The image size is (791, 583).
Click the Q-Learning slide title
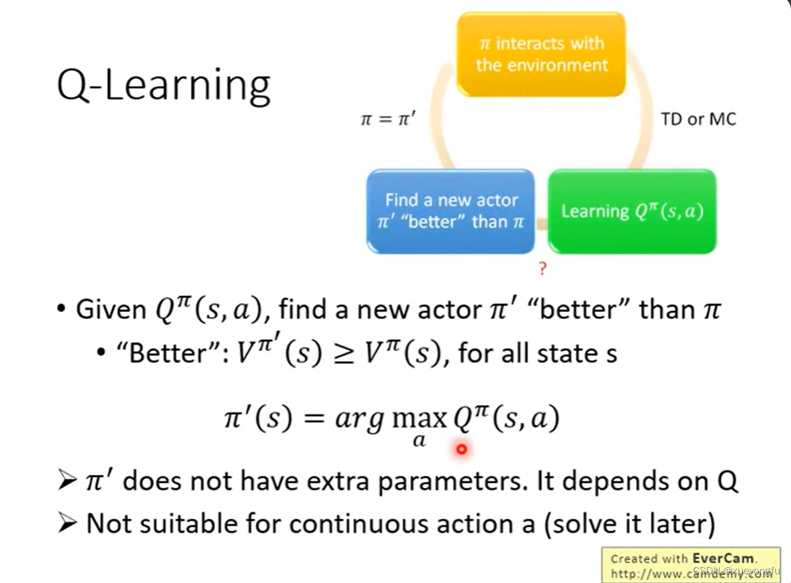point(164,85)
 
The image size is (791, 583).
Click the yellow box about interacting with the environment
point(542,54)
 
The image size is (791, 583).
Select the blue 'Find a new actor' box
point(451,210)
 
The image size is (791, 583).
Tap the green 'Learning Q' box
point(632,211)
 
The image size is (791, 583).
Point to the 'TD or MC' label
point(699,120)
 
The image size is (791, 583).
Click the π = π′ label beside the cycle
point(387,120)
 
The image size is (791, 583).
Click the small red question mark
point(542,270)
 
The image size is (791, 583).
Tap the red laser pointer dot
point(462,450)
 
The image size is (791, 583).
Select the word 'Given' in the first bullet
point(111,310)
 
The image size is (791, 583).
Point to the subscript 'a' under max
point(420,440)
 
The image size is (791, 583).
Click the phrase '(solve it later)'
point(628,523)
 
